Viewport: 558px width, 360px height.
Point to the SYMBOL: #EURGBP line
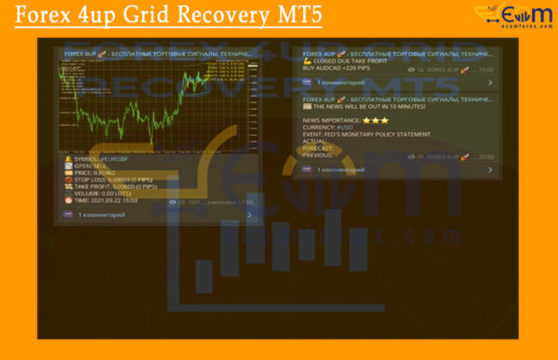click(x=107, y=159)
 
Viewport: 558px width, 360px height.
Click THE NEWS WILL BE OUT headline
click(x=363, y=106)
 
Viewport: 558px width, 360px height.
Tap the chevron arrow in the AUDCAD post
click(x=490, y=83)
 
